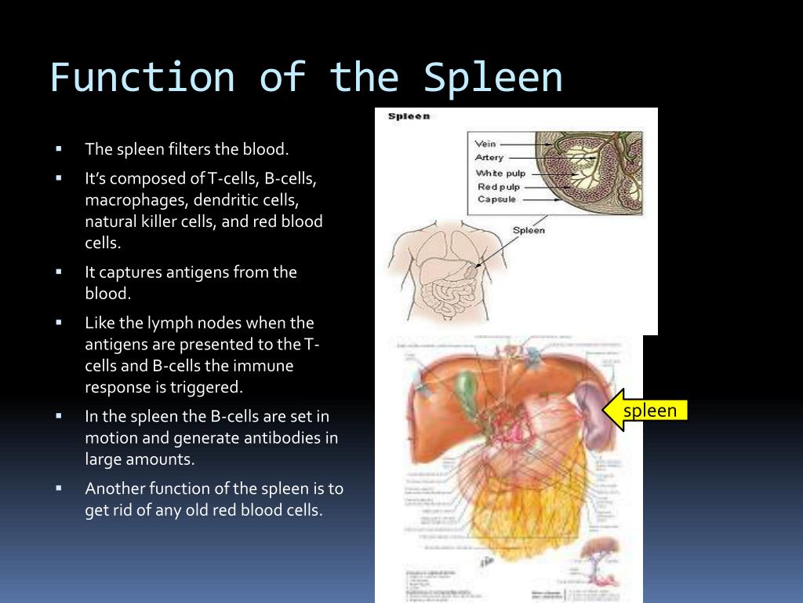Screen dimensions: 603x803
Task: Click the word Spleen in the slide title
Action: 493,79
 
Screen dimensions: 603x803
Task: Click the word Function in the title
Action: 142,79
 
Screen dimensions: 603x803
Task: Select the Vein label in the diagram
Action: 486,144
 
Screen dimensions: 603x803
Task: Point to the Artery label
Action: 489,158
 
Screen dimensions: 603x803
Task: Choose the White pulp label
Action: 500,173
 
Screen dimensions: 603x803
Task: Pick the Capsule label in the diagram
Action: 497,199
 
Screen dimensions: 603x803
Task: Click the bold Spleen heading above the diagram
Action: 409,117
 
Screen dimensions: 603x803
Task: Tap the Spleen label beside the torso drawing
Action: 529,230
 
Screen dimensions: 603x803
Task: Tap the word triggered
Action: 206,387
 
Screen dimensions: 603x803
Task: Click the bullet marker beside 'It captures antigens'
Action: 59,272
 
